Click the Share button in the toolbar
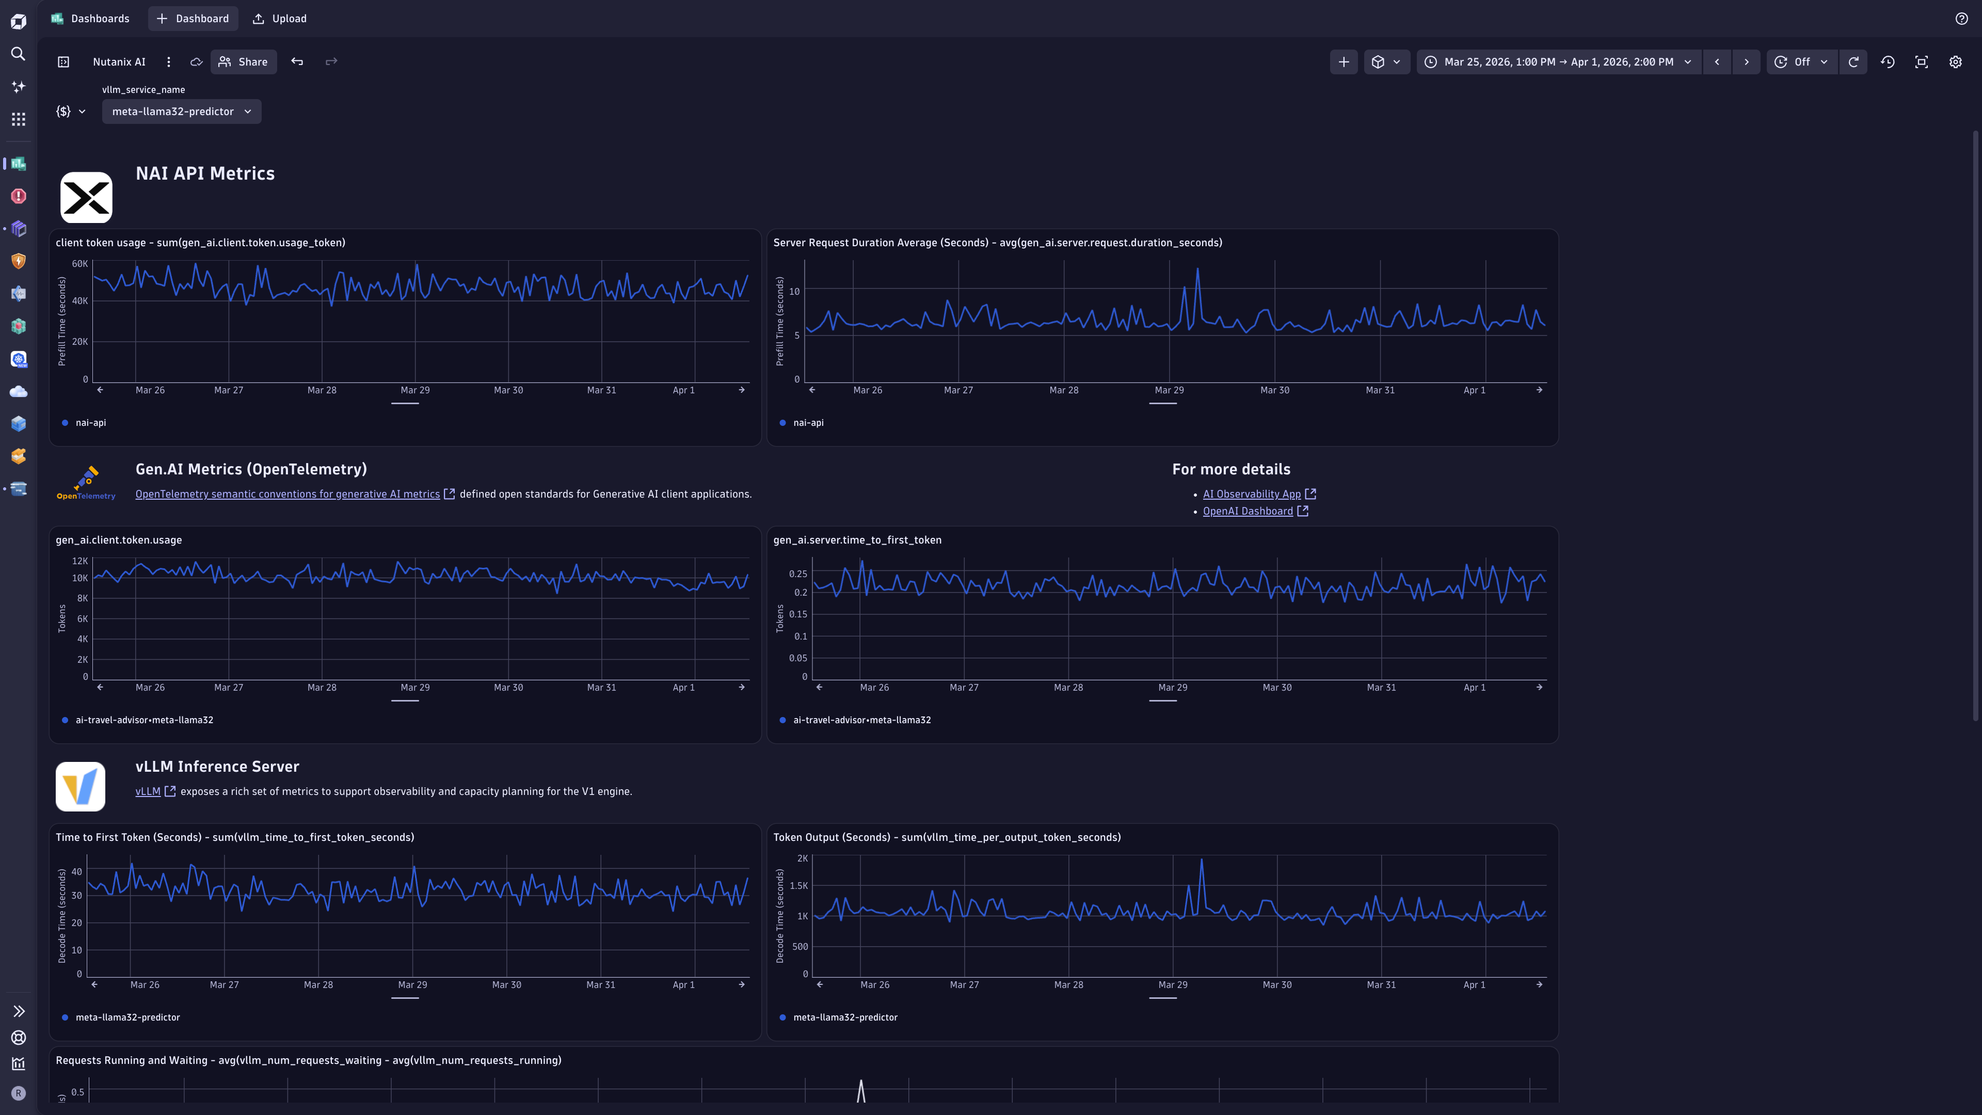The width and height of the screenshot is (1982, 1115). click(243, 61)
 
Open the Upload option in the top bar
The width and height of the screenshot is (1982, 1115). click(280, 19)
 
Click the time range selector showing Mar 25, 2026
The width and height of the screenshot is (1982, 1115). click(1559, 61)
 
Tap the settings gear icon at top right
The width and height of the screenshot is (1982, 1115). click(1955, 61)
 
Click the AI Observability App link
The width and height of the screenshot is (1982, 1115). click(1252, 494)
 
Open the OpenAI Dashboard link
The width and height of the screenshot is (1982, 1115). click(1248, 511)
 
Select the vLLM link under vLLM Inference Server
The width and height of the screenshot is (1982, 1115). click(148, 791)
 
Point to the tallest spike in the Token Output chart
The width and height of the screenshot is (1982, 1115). click(1202, 861)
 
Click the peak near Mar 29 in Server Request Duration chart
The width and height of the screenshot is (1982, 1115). click(1198, 269)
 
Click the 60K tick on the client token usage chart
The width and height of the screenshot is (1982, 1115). click(80, 263)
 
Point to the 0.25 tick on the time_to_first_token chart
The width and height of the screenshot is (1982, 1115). click(798, 574)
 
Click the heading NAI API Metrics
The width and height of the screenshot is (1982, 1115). click(205, 173)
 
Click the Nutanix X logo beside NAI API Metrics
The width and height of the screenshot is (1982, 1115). click(86, 198)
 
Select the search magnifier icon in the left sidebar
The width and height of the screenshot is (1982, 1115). click(19, 54)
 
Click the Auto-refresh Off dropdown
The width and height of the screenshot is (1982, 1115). click(1802, 61)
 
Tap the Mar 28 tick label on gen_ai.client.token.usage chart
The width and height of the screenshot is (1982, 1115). click(322, 687)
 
